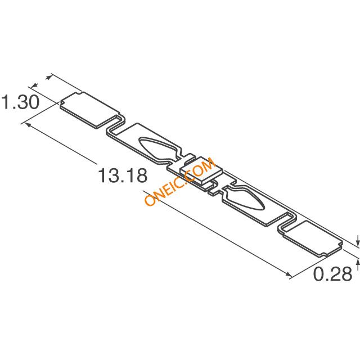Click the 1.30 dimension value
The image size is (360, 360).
coord(20,102)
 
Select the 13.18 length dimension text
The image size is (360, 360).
coord(123,175)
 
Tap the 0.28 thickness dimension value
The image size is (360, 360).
coord(332,274)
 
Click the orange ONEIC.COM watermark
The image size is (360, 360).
coord(180,181)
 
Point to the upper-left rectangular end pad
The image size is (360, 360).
coord(90,110)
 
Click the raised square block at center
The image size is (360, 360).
coord(201,170)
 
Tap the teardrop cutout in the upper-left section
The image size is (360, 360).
coord(158,149)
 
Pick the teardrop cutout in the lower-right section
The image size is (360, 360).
coord(244,198)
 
